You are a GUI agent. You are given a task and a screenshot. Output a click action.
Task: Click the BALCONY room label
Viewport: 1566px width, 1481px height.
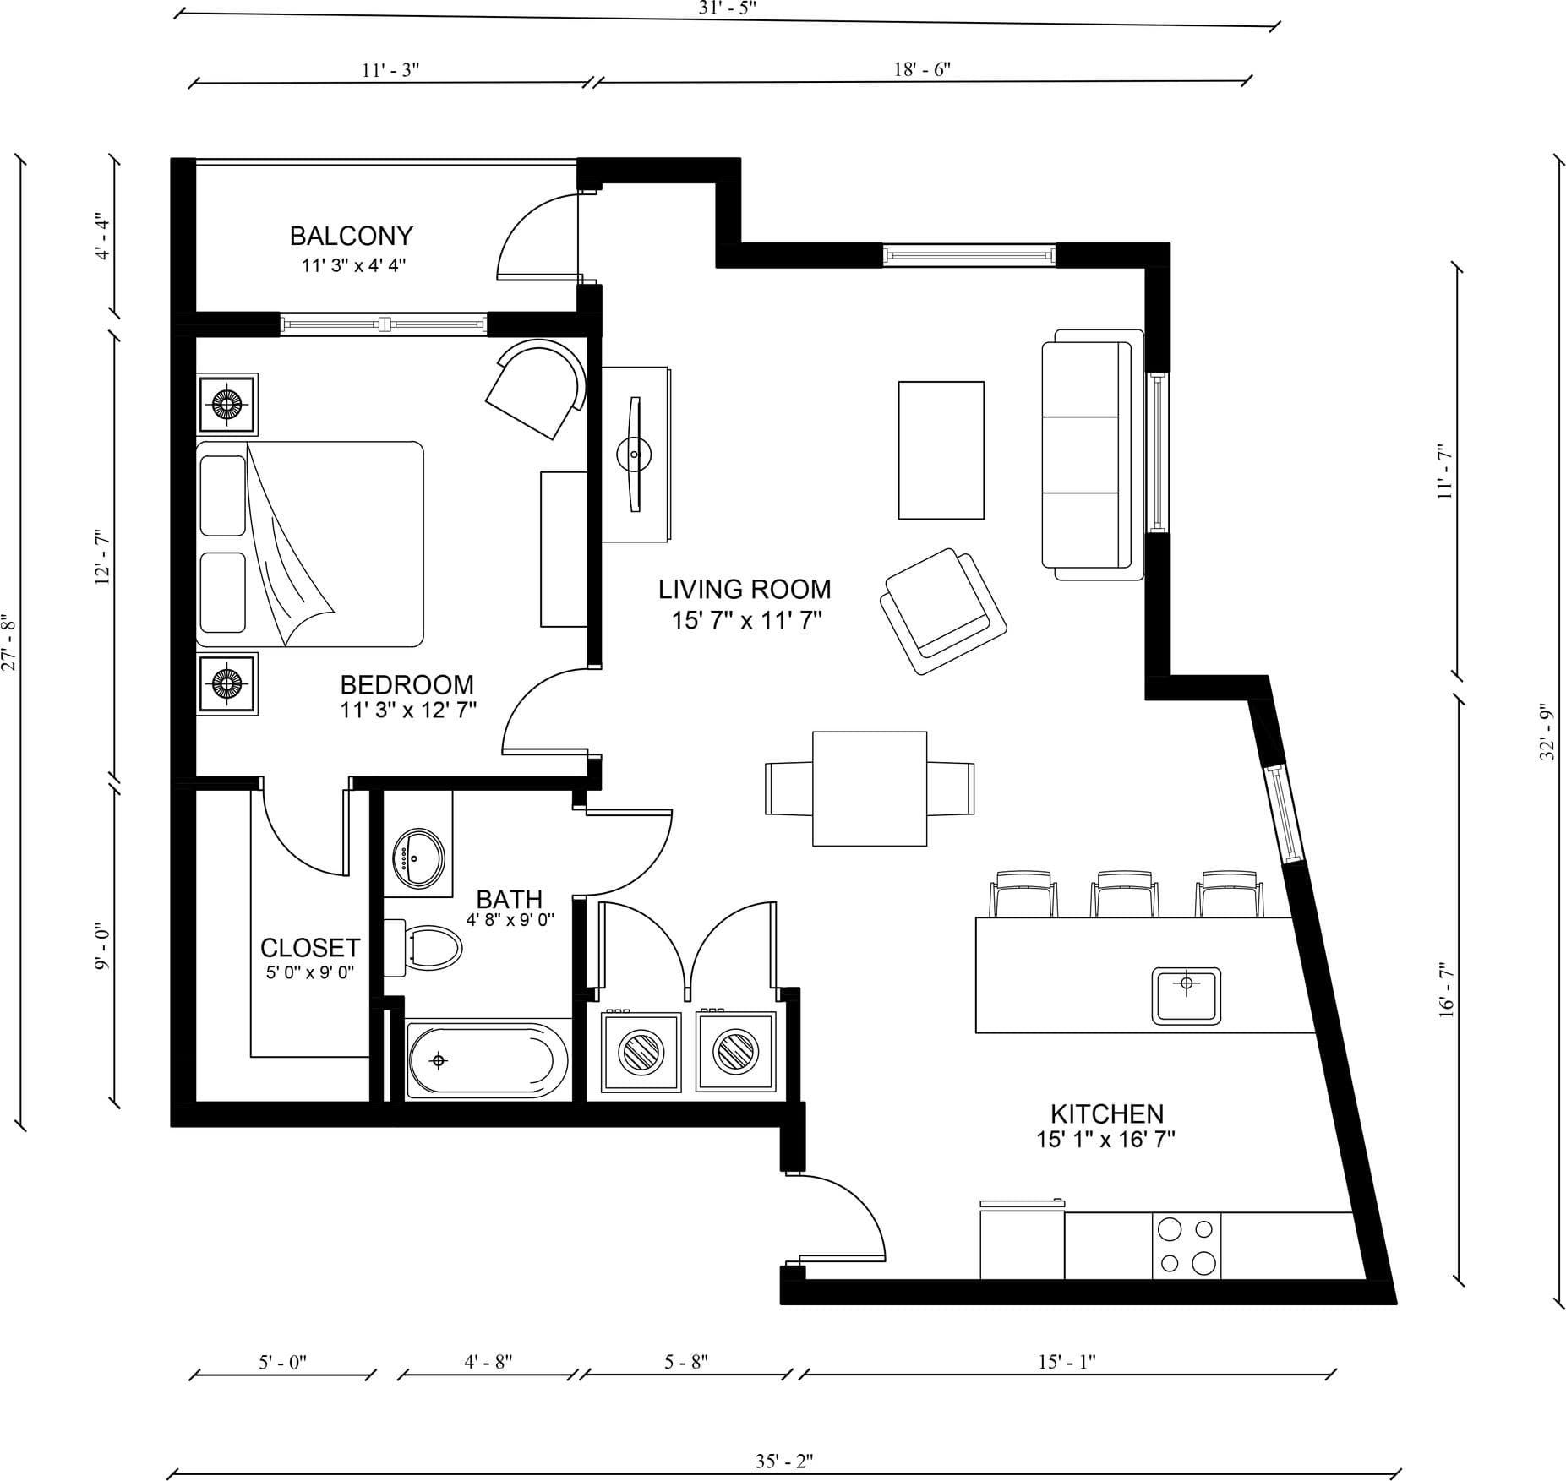[x=351, y=236]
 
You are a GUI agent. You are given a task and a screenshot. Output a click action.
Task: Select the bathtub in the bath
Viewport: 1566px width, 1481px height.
[x=487, y=1060]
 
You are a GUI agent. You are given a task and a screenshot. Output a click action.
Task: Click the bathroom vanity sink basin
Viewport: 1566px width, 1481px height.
[x=418, y=858]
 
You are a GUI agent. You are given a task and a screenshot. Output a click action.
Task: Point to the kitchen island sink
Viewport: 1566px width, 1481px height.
[x=1187, y=995]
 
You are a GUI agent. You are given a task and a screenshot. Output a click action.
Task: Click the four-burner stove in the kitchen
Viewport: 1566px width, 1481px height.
[x=1187, y=1246]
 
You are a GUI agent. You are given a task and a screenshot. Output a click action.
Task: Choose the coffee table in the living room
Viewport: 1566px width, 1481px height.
[x=941, y=449]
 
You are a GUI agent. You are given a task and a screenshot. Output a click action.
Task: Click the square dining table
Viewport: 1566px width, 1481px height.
[x=870, y=788]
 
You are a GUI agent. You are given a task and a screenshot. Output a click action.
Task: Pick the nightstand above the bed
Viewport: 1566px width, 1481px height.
[x=226, y=404]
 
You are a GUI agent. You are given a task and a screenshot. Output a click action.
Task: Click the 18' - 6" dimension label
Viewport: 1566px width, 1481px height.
[x=922, y=69]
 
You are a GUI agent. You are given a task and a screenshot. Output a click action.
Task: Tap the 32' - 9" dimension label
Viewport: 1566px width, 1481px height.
[x=1547, y=732]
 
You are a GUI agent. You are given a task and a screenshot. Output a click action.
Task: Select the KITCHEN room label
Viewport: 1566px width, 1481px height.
[x=1107, y=1113]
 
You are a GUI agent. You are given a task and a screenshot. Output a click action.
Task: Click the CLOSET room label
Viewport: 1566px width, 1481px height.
[x=310, y=947]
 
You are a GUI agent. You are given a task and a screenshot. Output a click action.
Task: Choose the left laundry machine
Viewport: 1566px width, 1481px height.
[x=641, y=1052]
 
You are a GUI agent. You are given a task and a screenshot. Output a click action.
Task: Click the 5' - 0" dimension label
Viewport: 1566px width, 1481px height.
[x=282, y=1362]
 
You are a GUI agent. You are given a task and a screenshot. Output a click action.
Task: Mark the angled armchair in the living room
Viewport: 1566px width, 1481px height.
[x=943, y=610]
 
